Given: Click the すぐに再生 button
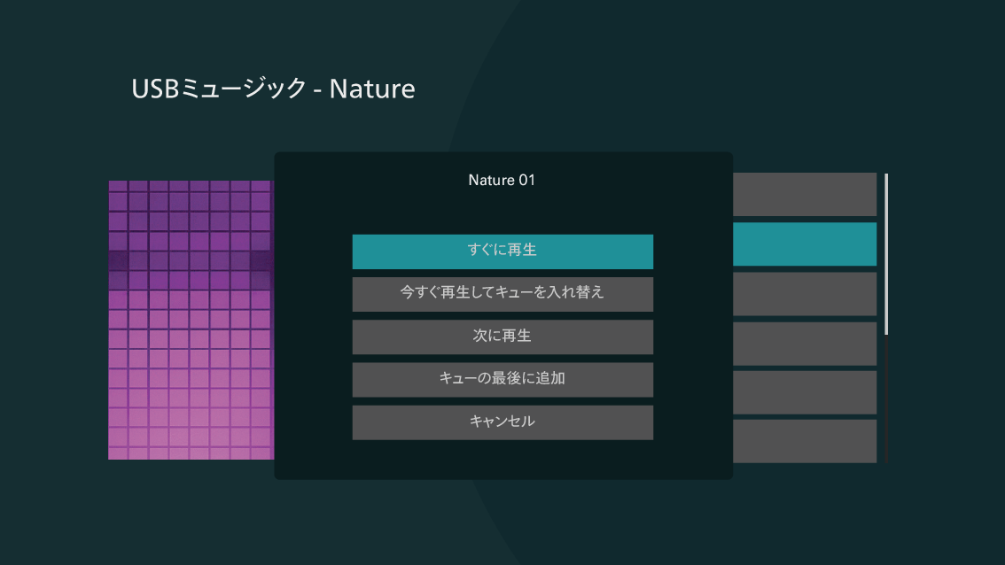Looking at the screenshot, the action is (502, 252).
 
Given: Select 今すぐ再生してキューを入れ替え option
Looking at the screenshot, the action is (502, 294).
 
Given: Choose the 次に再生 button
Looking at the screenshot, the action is (502, 337).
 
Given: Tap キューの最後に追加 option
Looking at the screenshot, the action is (502, 380).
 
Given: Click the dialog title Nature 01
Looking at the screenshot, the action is (502, 180).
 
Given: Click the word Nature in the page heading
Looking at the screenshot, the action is (371, 89).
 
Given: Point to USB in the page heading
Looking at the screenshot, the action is (154, 89).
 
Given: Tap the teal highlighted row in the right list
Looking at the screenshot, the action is (805, 244).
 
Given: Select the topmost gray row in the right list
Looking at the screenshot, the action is (805, 194).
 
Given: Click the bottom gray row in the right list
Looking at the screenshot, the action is (805, 441).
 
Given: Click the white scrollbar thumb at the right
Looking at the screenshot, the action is (885, 253).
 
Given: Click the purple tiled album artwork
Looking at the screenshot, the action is (191, 320).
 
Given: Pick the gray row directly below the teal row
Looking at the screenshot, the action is (805, 294).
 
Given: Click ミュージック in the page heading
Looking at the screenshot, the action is (243, 89).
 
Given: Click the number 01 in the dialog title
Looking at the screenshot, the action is (526, 180).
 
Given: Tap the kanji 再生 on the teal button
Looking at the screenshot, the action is (519, 250).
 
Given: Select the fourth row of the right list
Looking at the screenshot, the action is (805, 344).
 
